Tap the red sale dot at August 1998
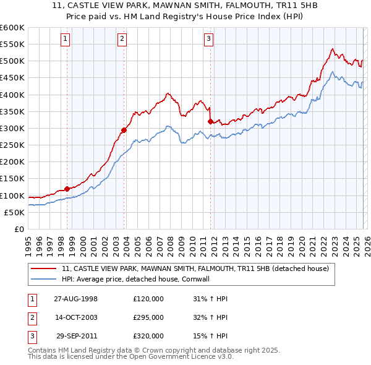[67, 189]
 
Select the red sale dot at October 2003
[124, 130]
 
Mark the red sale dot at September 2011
[211, 121]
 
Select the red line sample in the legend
[44, 269]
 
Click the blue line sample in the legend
[44, 279]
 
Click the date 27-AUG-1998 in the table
[75, 299]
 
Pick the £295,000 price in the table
[148, 317]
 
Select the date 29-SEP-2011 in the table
[77, 336]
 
